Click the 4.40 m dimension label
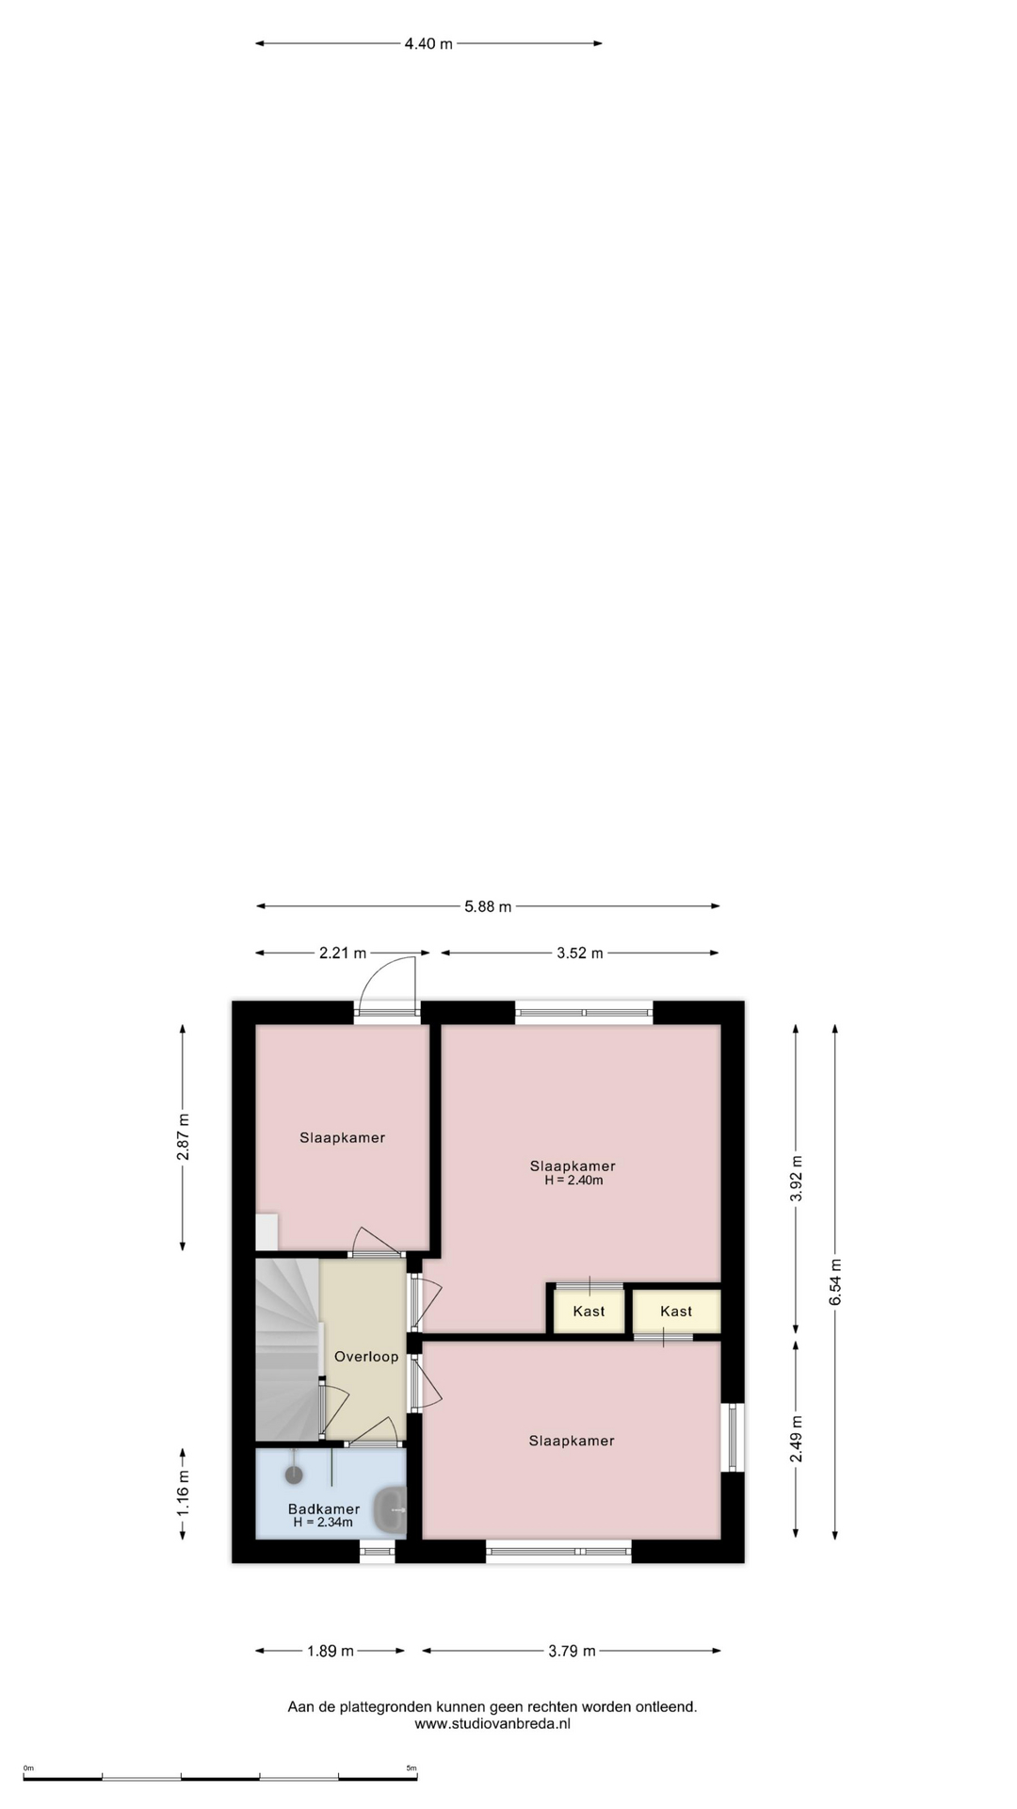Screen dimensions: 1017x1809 click(428, 43)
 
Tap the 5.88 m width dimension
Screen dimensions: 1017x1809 click(488, 906)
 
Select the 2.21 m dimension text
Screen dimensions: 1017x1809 click(343, 953)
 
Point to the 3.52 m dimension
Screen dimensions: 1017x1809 click(579, 953)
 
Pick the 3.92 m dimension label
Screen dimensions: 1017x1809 click(797, 1178)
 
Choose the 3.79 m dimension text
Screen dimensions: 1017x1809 click(572, 1651)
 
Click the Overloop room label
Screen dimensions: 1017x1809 click(366, 1357)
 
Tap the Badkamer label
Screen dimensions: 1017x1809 click(324, 1508)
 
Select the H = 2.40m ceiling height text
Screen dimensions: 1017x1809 click(573, 1180)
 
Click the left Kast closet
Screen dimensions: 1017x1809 click(589, 1311)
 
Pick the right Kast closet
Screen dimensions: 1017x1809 click(676, 1311)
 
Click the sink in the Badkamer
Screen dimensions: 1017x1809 click(389, 1509)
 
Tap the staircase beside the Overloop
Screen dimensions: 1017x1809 click(287, 1349)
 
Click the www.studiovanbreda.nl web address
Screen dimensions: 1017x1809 click(492, 1723)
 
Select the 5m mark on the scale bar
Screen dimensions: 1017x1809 click(412, 1768)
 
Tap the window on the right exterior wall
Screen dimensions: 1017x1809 click(733, 1437)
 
